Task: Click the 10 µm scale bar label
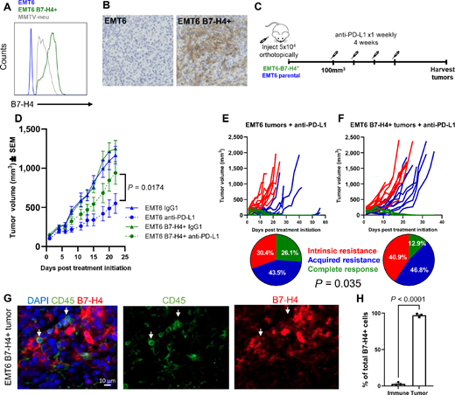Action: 35,382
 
